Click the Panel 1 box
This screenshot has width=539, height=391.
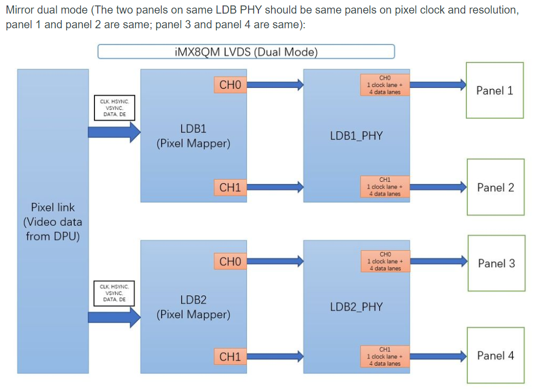494,90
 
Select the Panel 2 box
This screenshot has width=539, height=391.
495,187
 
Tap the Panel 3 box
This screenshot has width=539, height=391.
496,263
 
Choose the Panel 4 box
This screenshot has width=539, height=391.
495,356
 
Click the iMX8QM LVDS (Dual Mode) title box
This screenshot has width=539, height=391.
246,52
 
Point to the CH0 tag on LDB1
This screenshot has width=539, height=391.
230,85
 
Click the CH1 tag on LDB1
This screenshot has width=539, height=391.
230,187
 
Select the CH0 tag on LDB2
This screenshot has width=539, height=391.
230,262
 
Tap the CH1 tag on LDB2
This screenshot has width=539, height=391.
230,357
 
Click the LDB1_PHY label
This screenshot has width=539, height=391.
356,136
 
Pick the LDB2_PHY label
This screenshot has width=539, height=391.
356,307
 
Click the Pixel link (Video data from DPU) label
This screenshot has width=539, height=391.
53,222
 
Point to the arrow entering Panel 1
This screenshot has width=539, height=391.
437,84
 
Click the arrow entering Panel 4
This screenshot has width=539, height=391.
437,356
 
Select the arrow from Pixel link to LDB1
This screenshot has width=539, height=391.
114,131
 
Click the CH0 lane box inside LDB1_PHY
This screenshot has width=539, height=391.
385,85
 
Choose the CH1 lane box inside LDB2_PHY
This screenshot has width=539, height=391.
385,356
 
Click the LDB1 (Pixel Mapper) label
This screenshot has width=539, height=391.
193,136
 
